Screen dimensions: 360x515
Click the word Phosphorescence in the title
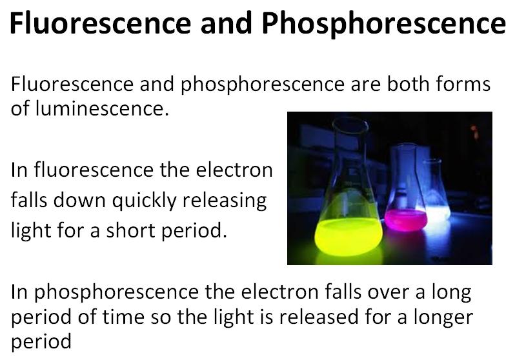coord(383,25)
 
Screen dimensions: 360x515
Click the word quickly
coord(146,201)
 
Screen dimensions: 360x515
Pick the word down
coord(82,201)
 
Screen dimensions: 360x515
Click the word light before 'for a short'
coord(28,230)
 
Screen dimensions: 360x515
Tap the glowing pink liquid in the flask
coord(405,220)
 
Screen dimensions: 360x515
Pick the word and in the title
coord(225,25)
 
